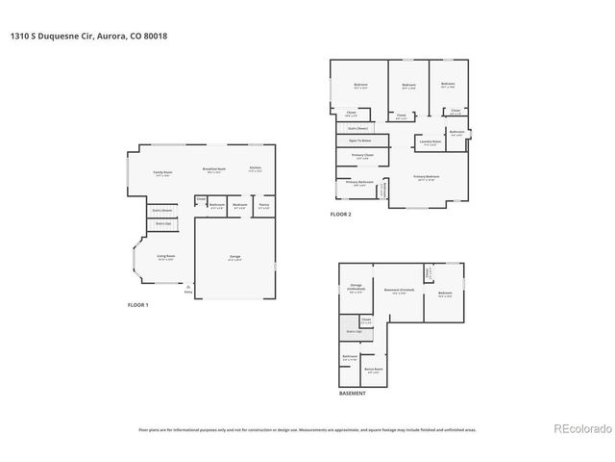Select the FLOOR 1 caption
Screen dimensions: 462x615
[x=139, y=305]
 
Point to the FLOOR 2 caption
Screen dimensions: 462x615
[x=341, y=214]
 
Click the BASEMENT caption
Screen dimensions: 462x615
[x=352, y=394]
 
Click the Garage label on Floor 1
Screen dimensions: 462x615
[x=234, y=257]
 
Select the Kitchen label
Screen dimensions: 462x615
[x=255, y=169]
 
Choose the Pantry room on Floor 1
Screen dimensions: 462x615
[x=263, y=205]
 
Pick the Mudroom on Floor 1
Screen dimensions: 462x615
[x=239, y=205]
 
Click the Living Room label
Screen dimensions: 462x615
[x=164, y=257]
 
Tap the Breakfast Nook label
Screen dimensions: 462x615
[x=213, y=169]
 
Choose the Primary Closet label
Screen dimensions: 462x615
[x=362, y=156]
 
